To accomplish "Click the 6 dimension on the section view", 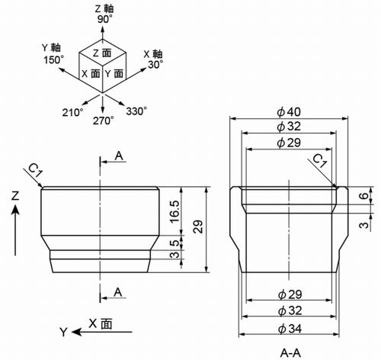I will click(x=367, y=196).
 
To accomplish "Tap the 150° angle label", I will click(x=53, y=59).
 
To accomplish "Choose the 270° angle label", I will click(x=103, y=121).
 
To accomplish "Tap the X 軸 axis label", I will click(x=153, y=53).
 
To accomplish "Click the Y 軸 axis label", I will click(x=50, y=47).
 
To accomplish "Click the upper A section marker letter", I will click(x=119, y=156).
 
